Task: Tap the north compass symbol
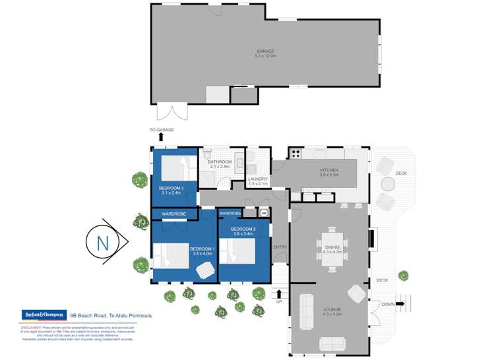[x=104, y=243]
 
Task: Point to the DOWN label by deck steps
[x=388, y=304]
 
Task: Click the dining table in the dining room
[x=332, y=248]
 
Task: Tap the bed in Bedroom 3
[x=173, y=168]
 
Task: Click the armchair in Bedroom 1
[x=204, y=268]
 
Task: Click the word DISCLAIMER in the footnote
[x=32, y=326]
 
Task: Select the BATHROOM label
[x=220, y=162]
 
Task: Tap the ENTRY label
[x=280, y=247]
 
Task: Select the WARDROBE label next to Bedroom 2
[x=230, y=213]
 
